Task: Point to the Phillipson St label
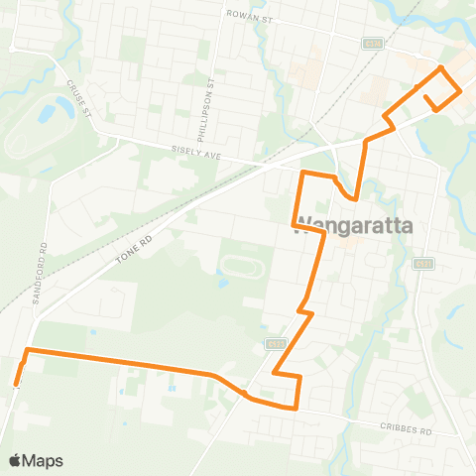tap(211, 96)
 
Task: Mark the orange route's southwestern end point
tap(16, 385)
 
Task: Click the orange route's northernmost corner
tap(441, 67)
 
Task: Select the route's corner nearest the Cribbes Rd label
tap(297, 407)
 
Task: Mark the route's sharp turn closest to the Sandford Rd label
tap(27, 351)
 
